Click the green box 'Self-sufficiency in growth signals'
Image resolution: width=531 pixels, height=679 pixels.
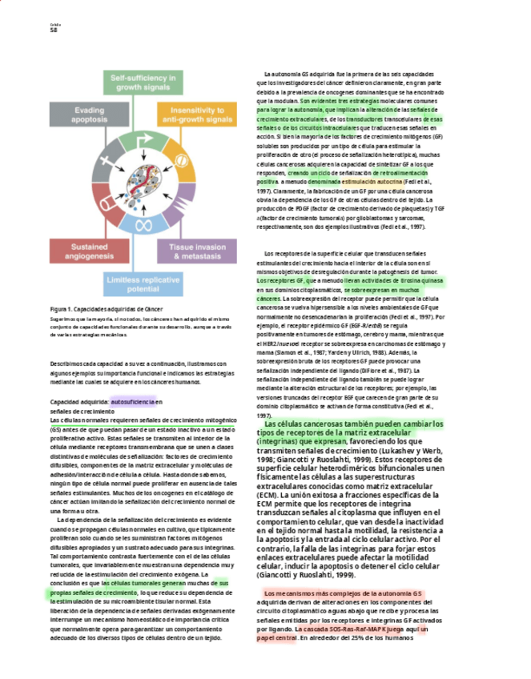click(x=144, y=82)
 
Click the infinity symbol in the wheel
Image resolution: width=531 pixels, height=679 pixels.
click(x=144, y=225)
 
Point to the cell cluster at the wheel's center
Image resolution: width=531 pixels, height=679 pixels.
click(x=144, y=182)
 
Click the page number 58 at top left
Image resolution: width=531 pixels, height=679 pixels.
click(x=54, y=30)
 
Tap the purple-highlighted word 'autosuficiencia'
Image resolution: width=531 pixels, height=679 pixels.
click(x=132, y=401)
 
